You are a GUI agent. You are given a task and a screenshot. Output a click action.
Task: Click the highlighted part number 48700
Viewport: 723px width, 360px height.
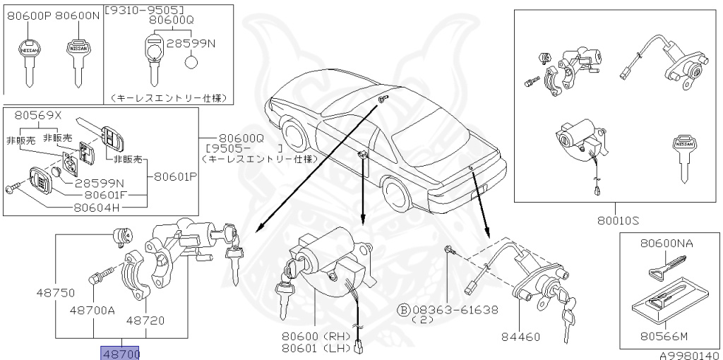121,352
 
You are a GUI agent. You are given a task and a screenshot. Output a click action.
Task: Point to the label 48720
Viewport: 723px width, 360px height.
145,320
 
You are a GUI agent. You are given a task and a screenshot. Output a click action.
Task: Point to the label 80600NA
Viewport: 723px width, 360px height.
667,244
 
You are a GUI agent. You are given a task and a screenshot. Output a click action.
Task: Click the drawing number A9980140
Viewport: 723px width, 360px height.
691,355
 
